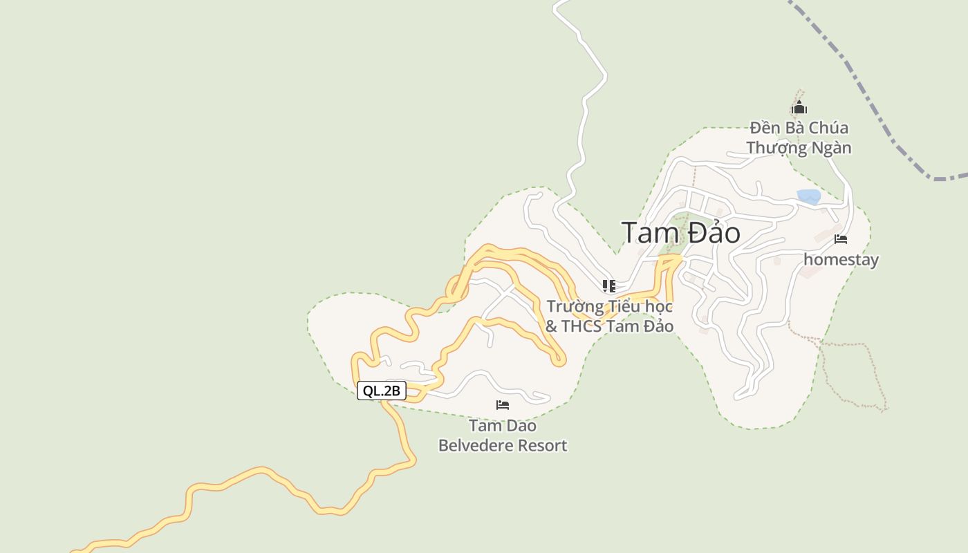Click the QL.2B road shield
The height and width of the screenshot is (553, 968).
(x=381, y=391)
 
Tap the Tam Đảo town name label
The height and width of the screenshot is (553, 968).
(x=680, y=233)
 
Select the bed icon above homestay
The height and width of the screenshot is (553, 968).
(x=841, y=239)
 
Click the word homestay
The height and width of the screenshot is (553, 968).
(x=841, y=260)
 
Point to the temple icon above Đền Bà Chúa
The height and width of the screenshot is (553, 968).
(x=799, y=108)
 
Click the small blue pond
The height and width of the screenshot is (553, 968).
(x=808, y=196)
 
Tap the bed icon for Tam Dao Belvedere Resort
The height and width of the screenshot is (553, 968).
(x=503, y=404)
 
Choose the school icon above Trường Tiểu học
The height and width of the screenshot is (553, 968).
(x=608, y=285)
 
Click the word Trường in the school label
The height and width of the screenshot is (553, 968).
(x=572, y=306)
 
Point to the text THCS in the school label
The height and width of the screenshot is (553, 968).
(x=581, y=326)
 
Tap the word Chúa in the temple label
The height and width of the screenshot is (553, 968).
(x=828, y=128)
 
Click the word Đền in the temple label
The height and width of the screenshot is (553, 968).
(x=764, y=128)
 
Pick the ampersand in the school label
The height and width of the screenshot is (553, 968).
(x=551, y=326)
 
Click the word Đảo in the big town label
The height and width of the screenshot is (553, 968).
(x=714, y=233)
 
